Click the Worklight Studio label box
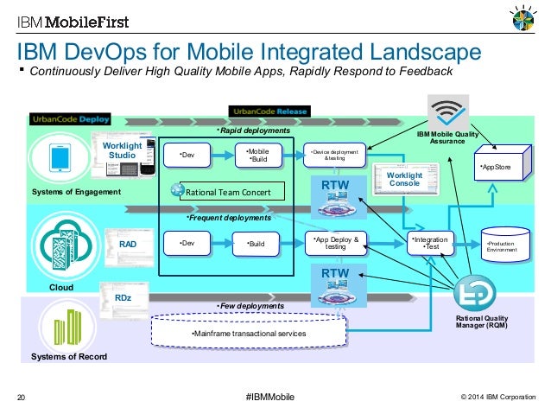click(x=117, y=151)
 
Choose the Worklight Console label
click(x=380, y=179)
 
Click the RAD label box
click(x=127, y=245)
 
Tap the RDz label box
click(x=123, y=298)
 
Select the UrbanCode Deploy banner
click(x=68, y=118)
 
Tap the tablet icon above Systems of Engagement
click(x=60, y=158)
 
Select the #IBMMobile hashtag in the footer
click(x=269, y=397)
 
